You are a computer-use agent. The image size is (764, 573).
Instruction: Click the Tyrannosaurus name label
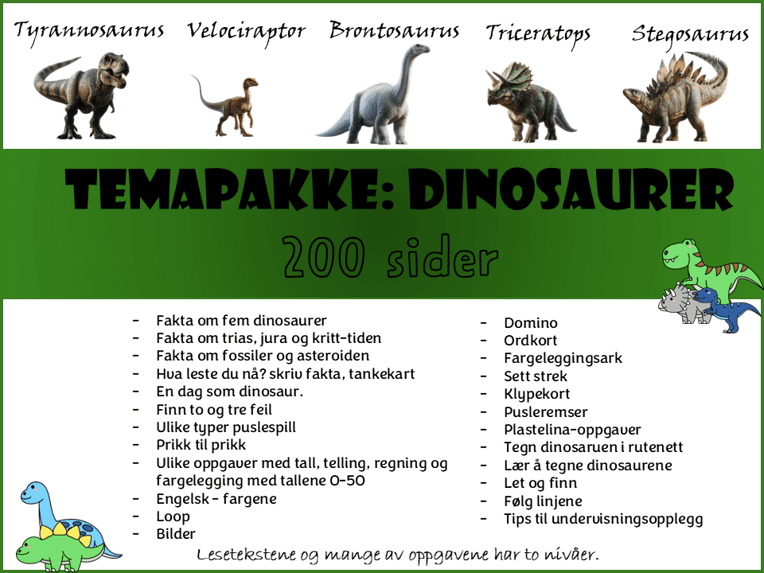click(x=88, y=31)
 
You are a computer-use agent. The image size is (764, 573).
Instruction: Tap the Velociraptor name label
click(x=246, y=32)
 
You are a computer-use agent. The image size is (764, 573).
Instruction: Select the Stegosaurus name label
click(x=690, y=35)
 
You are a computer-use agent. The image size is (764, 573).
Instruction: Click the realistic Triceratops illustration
click(x=530, y=101)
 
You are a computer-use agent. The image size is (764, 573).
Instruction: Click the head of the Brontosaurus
click(x=419, y=49)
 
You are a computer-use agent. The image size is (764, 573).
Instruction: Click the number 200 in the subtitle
click(x=324, y=255)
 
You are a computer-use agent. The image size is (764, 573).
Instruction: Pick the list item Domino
click(x=531, y=323)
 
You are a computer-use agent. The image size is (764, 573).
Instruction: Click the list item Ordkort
click(x=531, y=341)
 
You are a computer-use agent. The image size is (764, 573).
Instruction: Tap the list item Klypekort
click(x=537, y=394)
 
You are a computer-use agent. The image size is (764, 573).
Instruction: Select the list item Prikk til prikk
click(x=201, y=445)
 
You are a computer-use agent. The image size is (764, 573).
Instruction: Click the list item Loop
click(x=173, y=516)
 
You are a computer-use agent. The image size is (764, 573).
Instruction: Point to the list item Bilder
click(x=175, y=534)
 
